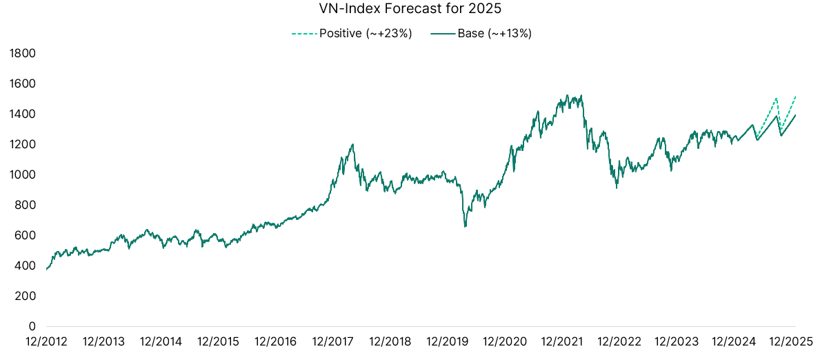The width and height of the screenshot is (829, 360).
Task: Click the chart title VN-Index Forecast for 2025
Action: pyautogui.click(x=415, y=10)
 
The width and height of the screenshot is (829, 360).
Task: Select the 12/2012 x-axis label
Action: pyautogui.click(x=46, y=341)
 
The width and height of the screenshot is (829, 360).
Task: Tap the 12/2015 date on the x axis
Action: pyautogui.click(x=218, y=341)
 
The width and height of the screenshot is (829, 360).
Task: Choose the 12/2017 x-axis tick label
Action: pyautogui.click(x=332, y=341)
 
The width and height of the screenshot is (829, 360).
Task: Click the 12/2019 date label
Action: pyautogui.click(x=447, y=341)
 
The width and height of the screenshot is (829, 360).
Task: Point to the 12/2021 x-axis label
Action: pyautogui.click(x=561, y=341)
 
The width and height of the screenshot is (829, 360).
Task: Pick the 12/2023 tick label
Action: pyautogui.click(x=676, y=341)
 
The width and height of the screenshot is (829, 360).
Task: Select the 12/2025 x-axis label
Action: pyautogui.click(x=790, y=341)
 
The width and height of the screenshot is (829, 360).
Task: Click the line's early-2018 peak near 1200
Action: pyautogui.click(x=353, y=144)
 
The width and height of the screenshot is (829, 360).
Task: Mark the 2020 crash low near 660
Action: pyautogui.click(x=465, y=226)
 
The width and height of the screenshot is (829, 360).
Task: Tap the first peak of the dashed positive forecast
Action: pyautogui.click(x=777, y=98)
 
